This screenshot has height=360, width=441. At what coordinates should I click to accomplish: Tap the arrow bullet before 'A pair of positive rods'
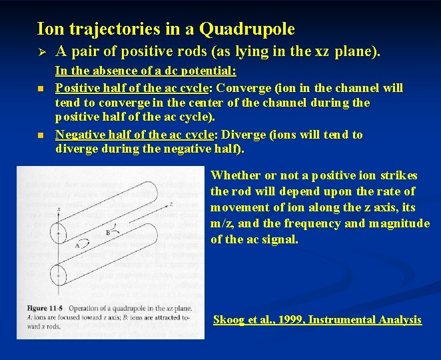41,51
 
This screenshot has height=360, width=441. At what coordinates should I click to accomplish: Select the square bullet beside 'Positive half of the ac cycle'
41,89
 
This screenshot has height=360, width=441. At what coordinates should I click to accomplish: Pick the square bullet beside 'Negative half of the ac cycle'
41,135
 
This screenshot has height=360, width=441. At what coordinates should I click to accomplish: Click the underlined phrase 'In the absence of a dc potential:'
146,71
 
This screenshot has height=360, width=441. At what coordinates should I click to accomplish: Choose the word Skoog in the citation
228,320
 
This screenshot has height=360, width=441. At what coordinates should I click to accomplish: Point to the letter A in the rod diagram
77,246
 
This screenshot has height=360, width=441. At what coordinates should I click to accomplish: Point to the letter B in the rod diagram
107,232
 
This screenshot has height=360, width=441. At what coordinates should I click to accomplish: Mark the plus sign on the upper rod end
59,233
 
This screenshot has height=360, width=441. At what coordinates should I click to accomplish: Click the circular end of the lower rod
59,272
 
